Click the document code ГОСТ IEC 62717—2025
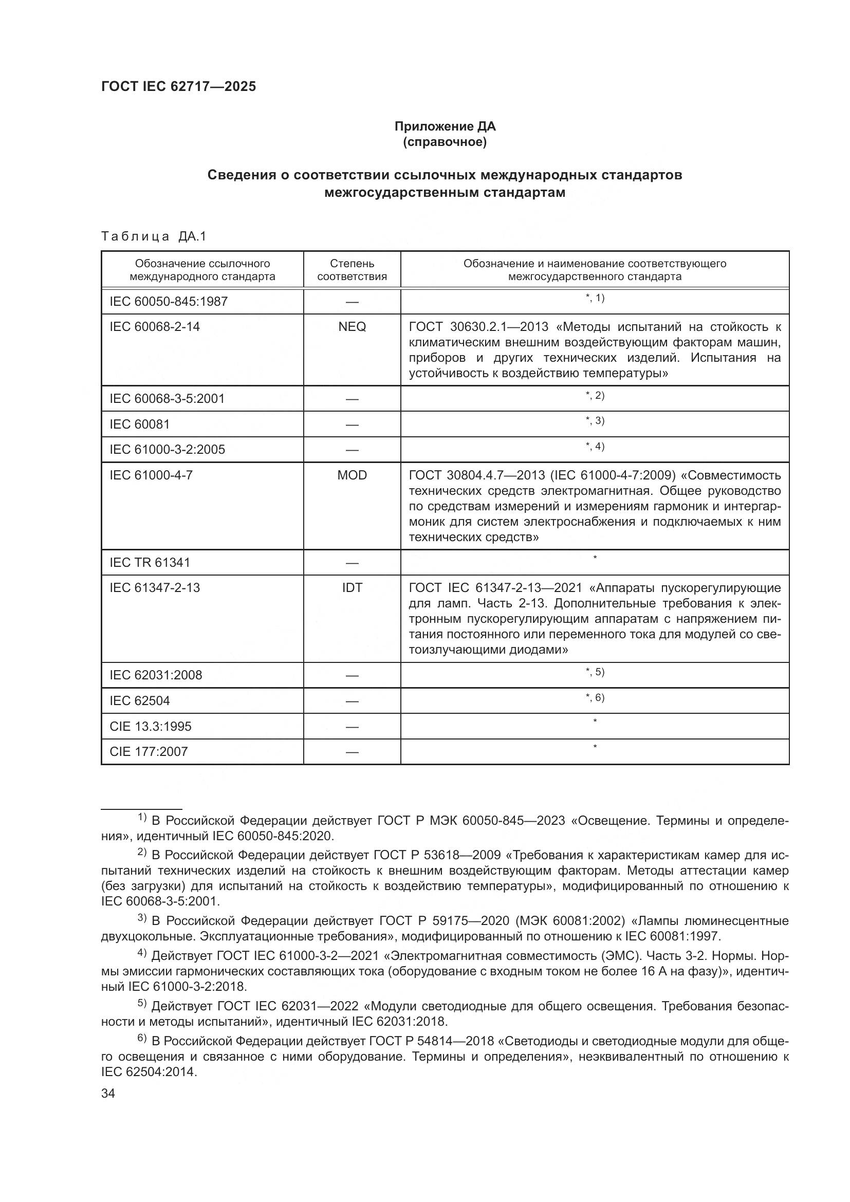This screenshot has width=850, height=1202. click(178, 86)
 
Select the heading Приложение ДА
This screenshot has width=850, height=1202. click(445, 126)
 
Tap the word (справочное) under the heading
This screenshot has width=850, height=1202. click(445, 142)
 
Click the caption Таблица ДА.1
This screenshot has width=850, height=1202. click(154, 236)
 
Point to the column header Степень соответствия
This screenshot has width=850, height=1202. click(352, 270)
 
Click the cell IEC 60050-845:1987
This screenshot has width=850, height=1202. click(169, 302)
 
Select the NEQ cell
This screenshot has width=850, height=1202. click(352, 327)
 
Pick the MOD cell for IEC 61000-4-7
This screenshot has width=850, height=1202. click(352, 475)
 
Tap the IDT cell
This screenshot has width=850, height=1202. click(352, 587)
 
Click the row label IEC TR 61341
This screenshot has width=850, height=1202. click(150, 562)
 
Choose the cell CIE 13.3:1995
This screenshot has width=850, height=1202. click(150, 726)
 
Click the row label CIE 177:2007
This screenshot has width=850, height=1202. click(149, 751)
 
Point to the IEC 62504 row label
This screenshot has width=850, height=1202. click(140, 700)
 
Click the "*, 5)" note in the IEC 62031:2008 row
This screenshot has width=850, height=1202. click(595, 672)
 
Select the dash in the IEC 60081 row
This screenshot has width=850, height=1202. click(352, 424)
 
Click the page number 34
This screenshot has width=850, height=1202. click(108, 1093)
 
